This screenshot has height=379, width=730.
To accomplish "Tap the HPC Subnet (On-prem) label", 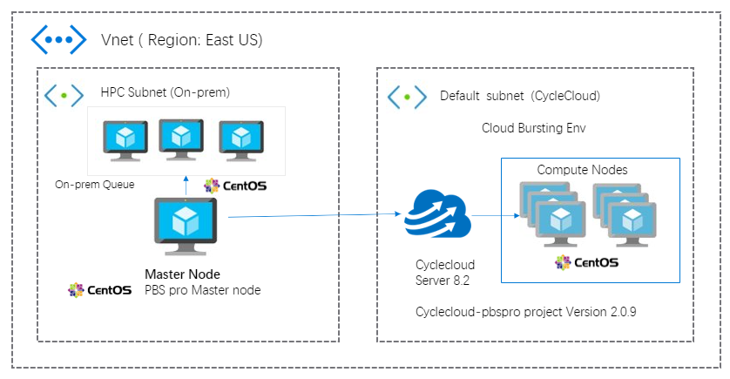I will [165, 91].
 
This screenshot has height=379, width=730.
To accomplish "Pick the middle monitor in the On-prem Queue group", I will [180, 139].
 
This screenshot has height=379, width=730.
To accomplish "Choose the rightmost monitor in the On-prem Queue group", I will [241, 140].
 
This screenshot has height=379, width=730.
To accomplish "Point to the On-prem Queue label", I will [89, 185].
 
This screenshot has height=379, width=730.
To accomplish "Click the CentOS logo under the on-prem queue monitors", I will [234, 186].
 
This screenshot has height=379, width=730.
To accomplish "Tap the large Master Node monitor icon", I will [186, 226].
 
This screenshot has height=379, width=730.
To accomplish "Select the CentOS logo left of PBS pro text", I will [100, 289].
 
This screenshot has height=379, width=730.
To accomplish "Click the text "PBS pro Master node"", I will [202, 289].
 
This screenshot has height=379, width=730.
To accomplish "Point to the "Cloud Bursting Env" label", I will [534, 128].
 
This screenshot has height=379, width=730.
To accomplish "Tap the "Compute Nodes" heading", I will [582, 169].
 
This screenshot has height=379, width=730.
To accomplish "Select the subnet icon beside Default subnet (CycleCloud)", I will [406, 96].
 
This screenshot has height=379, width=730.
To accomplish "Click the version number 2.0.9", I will [620, 311].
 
